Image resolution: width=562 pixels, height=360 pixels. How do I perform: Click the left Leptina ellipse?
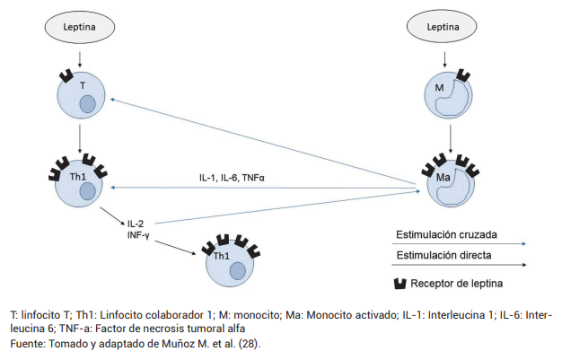coord(80,29)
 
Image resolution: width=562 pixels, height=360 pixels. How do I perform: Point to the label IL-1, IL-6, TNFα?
coord(233,178)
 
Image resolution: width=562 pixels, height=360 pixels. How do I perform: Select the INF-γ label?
coord(137,235)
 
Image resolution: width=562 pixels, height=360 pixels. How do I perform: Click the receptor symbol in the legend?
coord(402,284)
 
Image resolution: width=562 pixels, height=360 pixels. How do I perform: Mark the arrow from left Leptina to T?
coord(80,58)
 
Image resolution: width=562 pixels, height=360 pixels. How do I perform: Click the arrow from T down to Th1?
coord(80,136)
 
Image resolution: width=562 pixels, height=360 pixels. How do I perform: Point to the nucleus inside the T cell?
coord(87,105)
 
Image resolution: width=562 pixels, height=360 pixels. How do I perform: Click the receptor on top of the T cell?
coord(66,75)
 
